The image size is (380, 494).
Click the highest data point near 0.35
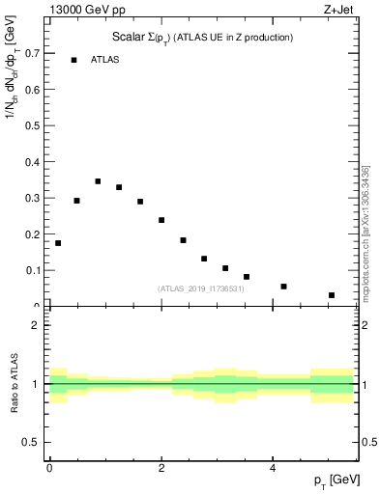pos(98,180)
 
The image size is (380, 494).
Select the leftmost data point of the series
pos(58,243)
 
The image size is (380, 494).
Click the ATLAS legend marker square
pos(73,60)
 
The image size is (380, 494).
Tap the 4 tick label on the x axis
pos(273,467)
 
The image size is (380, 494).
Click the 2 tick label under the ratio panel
pos(161,467)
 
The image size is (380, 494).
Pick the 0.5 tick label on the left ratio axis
pos(34,442)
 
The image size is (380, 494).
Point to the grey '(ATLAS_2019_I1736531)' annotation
pos(200,288)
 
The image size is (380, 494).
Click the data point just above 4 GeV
pos(283,287)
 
